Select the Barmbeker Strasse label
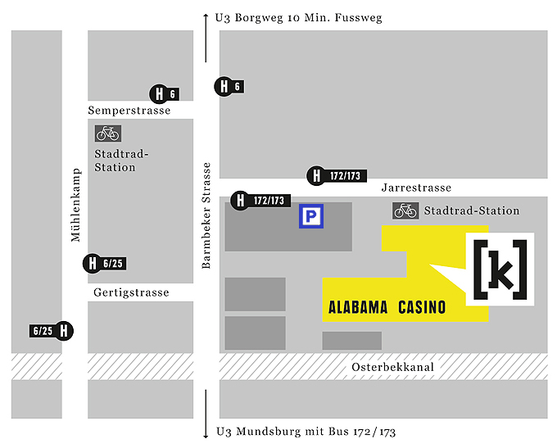(x=206, y=215)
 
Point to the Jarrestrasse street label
(x=416, y=188)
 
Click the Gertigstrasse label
(x=131, y=292)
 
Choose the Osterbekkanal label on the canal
(x=392, y=368)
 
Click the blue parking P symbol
(x=310, y=216)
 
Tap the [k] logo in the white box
(x=500, y=268)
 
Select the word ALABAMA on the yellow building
(x=359, y=308)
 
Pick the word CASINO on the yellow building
(x=422, y=308)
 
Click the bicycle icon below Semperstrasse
(x=107, y=133)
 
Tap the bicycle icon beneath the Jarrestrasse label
(x=405, y=210)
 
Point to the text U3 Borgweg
(x=247, y=17)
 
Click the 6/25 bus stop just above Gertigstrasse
(x=103, y=264)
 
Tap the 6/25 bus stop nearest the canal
(x=52, y=331)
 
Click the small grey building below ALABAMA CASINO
(x=351, y=341)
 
